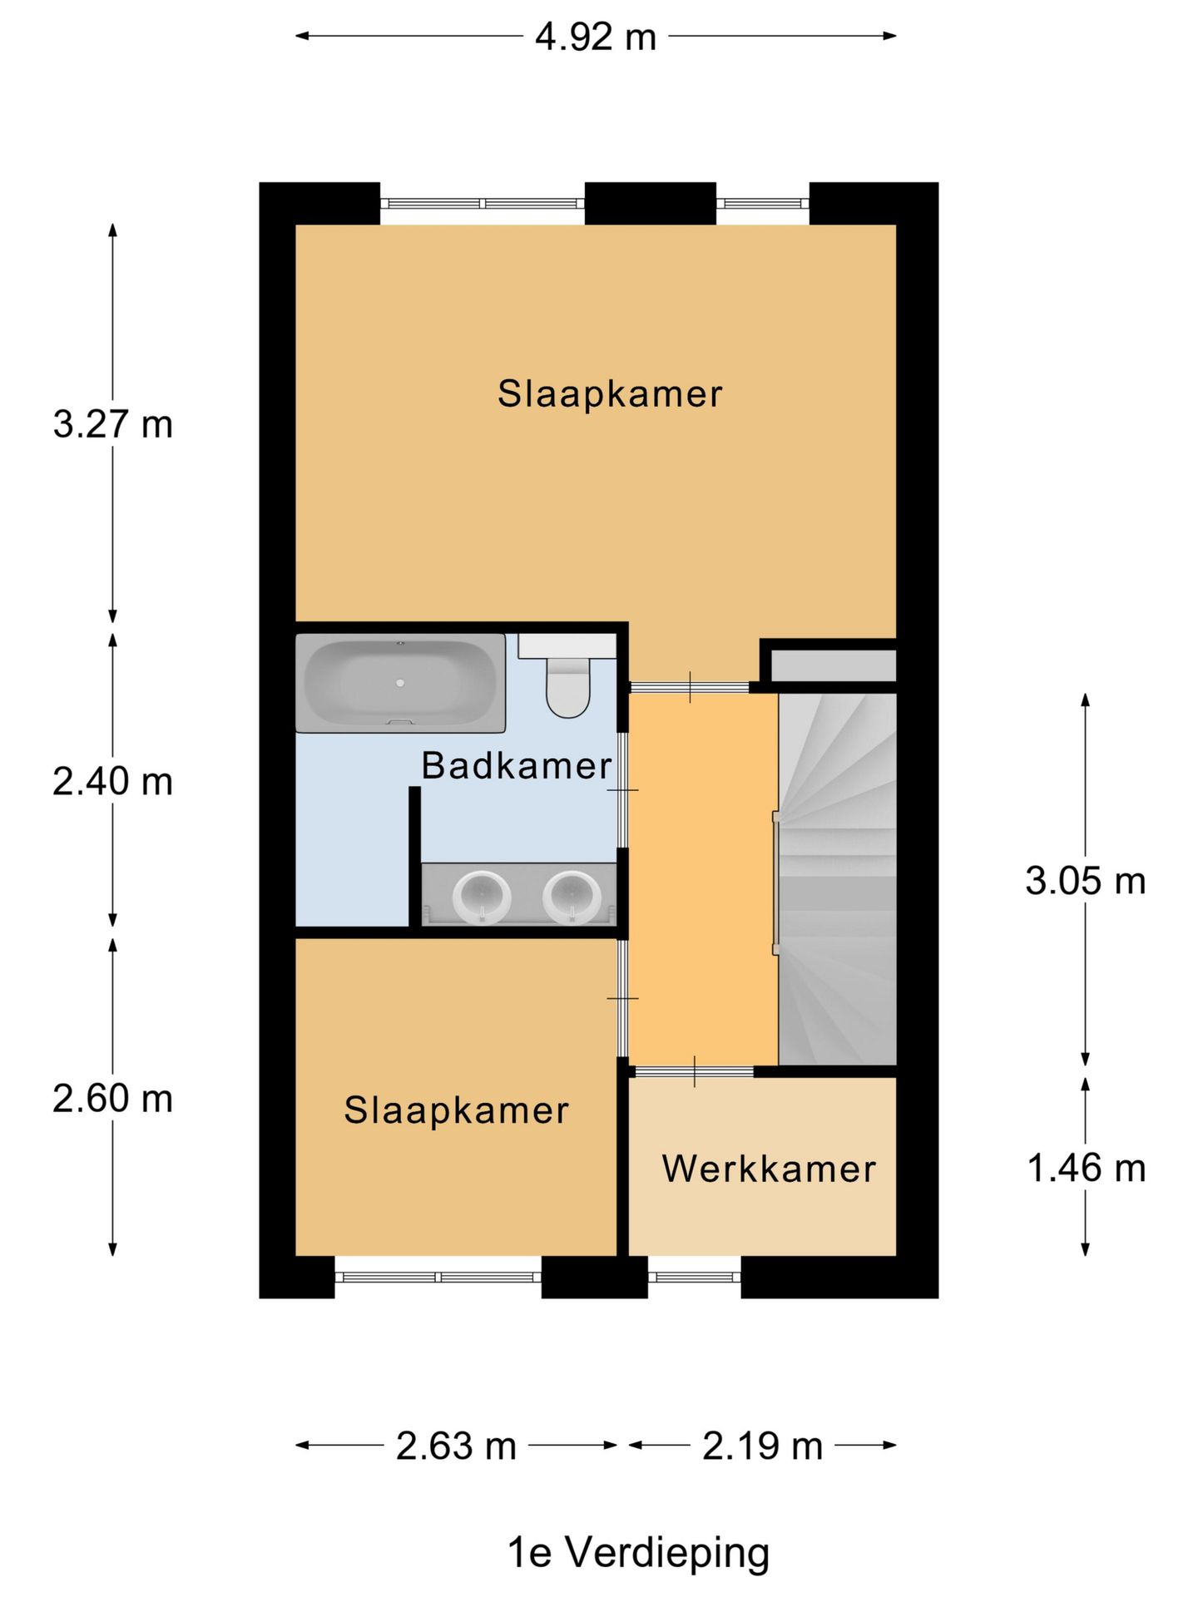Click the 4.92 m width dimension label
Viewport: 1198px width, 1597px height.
coord(595,37)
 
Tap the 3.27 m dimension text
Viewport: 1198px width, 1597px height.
coord(112,424)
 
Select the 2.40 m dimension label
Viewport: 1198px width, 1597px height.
coord(112,782)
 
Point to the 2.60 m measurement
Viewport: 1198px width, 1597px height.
coord(112,1099)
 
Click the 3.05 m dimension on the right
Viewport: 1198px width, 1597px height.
coord(1085,881)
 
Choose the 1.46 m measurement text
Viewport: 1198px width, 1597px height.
coord(1086,1168)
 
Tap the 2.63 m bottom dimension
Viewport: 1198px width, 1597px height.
coord(456,1446)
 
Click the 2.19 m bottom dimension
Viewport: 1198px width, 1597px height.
coord(762,1446)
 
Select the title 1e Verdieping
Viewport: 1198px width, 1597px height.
coord(638,1552)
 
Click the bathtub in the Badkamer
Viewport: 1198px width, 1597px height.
coord(400,683)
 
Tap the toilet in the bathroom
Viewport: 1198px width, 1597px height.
coord(567,686)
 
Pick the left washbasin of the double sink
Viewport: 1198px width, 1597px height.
coord(481,897)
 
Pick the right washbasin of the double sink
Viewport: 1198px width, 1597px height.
coord(572,897)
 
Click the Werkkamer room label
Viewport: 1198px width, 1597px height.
coord(769,1169)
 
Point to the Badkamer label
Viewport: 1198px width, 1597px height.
coord(516,765)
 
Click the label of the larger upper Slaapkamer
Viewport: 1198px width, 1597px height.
coord(610,393)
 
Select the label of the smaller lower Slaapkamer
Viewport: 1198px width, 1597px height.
coord(456,1110)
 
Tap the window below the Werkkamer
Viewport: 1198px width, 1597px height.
coord(694,1277)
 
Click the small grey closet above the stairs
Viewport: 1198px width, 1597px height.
coord(833,665)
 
